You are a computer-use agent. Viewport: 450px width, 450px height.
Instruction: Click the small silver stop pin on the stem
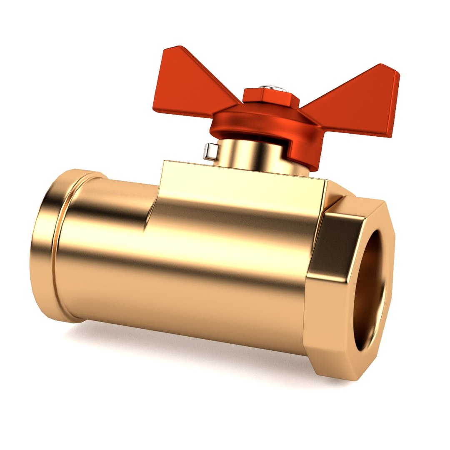[211, 151]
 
